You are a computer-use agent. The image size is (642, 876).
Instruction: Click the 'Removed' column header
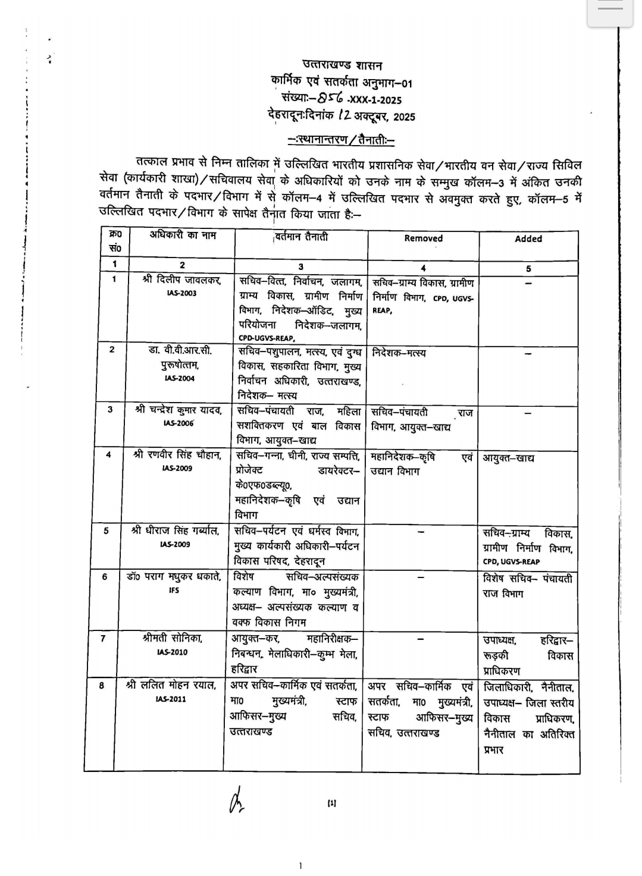(423, 238)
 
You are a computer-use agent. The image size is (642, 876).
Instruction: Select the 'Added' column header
(528, 238)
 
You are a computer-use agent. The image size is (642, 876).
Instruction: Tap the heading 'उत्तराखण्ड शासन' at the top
(342, 66)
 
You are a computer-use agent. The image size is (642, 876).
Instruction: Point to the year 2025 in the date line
(404, 117)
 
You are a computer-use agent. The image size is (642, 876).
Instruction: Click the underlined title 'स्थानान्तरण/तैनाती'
(341, 140)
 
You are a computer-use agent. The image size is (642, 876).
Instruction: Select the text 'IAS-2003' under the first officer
(181, 293)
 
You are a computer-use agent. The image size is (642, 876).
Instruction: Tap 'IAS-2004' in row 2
(180, 378)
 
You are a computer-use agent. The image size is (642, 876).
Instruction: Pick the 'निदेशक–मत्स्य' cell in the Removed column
(399, 353)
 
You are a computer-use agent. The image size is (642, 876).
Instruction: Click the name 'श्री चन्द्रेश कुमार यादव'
(178, 410)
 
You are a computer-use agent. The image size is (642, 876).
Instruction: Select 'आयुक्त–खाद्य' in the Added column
(508, 459)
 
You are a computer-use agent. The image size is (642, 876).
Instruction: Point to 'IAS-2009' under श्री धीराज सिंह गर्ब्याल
(175, 544)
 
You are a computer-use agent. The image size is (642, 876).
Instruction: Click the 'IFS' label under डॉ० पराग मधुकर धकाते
(174, 591)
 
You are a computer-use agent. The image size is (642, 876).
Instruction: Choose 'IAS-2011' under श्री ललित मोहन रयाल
(171, 699)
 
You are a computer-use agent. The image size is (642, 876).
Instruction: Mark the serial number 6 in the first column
(105, 576)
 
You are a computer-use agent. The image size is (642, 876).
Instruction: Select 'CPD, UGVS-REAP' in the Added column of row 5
(512, 561)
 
